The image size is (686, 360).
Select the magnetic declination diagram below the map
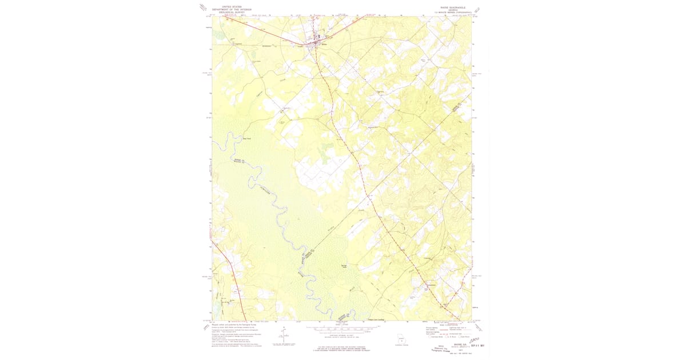point(281,337)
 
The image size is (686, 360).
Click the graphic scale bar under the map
point(343,329)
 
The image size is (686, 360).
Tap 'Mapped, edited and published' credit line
point(229,323)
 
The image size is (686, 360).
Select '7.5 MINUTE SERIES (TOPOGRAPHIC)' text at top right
point(455,12)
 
